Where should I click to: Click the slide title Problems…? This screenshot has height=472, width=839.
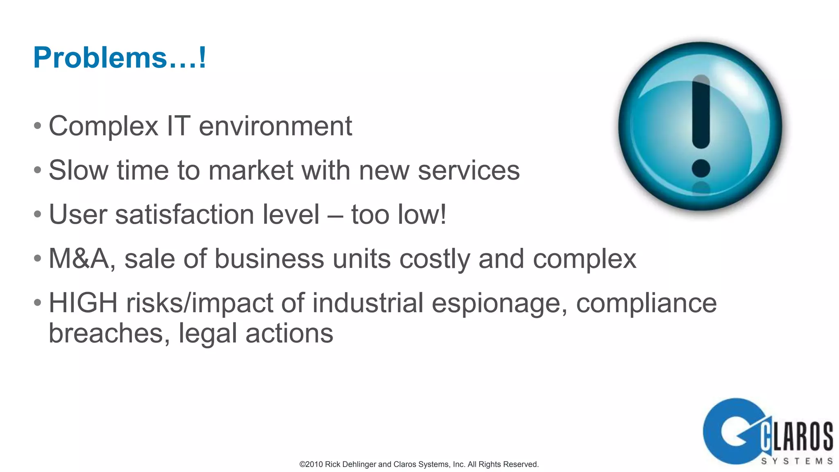120,57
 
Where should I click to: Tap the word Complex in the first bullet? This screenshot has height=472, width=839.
103,126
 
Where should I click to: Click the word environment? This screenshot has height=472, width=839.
275,126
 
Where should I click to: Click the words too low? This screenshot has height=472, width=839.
399,214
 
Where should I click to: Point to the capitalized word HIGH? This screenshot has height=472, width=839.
83,303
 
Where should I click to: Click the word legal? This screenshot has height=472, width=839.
207,334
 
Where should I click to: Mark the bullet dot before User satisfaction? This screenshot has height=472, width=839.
38,214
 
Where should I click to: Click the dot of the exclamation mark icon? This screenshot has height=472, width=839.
701,168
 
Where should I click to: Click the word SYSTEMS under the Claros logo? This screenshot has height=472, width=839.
797,461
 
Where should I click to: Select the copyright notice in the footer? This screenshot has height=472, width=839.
419,464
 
